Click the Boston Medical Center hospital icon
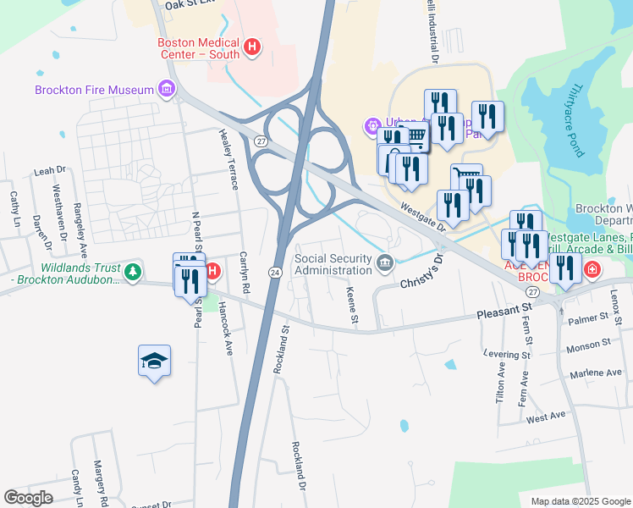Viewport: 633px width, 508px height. coord(251,47)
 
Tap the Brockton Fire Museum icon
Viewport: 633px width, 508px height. coord(166,89)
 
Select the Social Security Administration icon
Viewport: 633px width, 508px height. coord(385,264)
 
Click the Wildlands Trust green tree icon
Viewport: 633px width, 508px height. coord(132,272)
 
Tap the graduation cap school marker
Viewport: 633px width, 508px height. coord(154,362)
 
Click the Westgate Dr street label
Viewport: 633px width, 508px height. coord(423,215)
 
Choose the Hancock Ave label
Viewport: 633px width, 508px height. coord(225,329)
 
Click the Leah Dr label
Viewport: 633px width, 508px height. coord(43,171)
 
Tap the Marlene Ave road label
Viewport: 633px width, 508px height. coord(596,373)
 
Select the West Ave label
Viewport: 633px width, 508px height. coord(546,417)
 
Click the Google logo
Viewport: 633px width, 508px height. coord(29,498)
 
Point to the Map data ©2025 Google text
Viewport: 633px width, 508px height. coord(580,501)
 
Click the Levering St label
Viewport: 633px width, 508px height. coord(505,354)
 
